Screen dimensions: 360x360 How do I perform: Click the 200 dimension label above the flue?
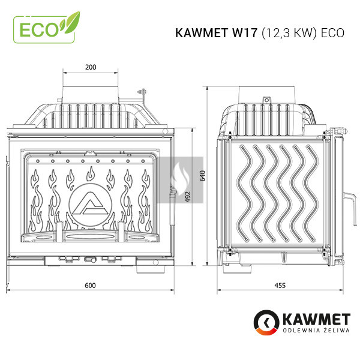pos(91,67)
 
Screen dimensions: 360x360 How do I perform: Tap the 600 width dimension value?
pos(90,286)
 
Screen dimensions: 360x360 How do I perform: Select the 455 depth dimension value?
pos(280,286)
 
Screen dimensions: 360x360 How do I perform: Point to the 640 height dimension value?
pos(203,176)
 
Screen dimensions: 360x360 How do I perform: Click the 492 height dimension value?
pos(188,197)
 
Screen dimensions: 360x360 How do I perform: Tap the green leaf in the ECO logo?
pos(71,23)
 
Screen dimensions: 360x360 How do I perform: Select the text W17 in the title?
pos(245,33)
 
